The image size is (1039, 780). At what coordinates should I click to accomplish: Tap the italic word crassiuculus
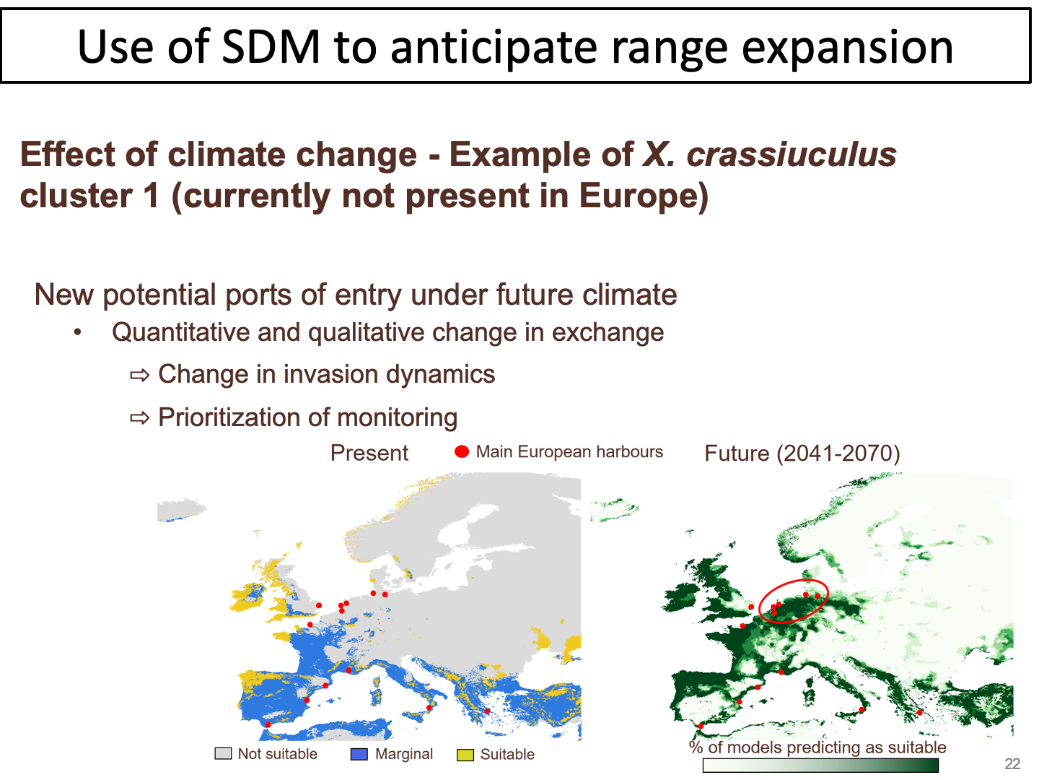(x=791, y=155)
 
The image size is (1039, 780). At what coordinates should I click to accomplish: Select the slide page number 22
(x=1012, y=763)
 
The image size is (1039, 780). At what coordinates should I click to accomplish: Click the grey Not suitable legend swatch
(x=223, y=753)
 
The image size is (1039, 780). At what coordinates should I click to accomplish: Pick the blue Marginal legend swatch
(x=359, y=754)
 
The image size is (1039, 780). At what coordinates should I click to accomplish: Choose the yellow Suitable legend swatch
(x=465, y=755)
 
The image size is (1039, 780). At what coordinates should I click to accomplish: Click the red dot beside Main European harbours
(x=462, y=452)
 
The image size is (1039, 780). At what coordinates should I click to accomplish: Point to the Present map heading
(x=369, y=453)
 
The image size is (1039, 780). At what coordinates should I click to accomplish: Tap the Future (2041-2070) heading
(x=802, y=454)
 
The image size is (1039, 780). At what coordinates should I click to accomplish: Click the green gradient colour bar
(x=820, y=766)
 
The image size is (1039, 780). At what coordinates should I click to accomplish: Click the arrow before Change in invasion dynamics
(x=140, y=376)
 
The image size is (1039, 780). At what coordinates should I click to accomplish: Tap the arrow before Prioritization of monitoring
(x=140, y=418)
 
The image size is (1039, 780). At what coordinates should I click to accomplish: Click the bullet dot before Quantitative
(x=78, y=332)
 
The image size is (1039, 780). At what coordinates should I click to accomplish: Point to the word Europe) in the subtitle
(x=644, y=196)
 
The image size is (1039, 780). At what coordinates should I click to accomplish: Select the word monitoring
(x=397, y=417)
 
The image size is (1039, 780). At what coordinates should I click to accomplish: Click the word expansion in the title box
(x=847, y=48)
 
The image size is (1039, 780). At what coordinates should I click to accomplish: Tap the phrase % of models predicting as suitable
(x=817, y=747)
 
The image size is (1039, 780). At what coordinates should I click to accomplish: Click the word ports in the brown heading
(x=258, y=296)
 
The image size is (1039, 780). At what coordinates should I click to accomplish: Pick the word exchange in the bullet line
(x=608, y=332)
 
